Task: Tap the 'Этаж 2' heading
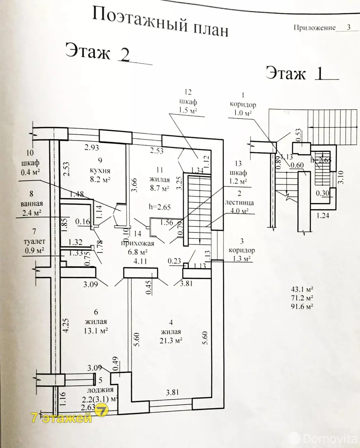(x=98, y=52)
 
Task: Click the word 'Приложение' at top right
(x=314, y=27)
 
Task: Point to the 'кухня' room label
(x=100, y=170)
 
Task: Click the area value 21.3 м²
(x=171, y=340)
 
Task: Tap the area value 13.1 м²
(x=96, y=331)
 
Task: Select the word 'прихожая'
(x=138, y=243)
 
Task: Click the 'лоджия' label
(x=100, y=389)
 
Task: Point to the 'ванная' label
(x=31, y=204)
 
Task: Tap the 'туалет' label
(x=34, y=241)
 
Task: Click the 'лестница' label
(x=239, y=202)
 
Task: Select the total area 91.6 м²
(x=302, y=306)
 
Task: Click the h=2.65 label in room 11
(x=159, y=207)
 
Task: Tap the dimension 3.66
(x=135, y=185)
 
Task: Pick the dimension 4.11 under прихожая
(x=140, y=262)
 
